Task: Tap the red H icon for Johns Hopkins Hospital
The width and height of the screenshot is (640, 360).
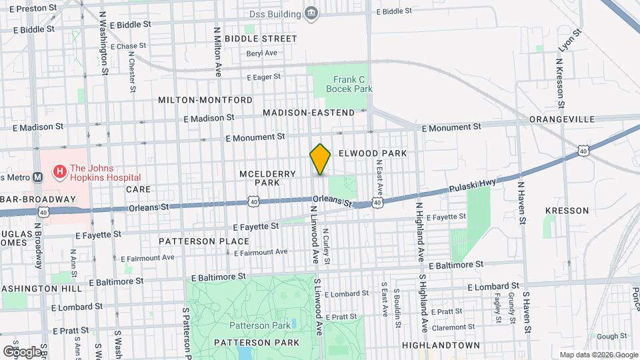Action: click(59, 172)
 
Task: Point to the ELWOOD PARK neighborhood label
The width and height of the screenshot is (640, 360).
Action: click(372, 153)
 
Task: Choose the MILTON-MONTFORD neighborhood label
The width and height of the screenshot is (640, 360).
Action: click(205, 100)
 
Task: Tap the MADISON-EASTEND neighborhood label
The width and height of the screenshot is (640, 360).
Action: click(309, 113)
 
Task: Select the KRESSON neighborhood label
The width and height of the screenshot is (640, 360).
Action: click(567, 211)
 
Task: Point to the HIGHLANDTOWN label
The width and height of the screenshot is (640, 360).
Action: click(441, 345)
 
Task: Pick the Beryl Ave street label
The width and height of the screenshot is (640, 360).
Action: click(261, 53)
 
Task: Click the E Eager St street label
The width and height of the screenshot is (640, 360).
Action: click(263, 77)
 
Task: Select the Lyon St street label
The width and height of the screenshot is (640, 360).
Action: click(566, 43)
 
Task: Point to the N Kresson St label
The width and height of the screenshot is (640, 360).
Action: click(560, 83)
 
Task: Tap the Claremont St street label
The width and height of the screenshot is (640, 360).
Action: click(452, 327)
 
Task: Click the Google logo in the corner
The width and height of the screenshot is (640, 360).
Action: click(21, 351)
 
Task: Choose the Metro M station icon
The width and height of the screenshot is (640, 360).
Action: click(37, 177)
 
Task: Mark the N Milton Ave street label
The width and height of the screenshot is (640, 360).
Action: click(217, 51)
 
